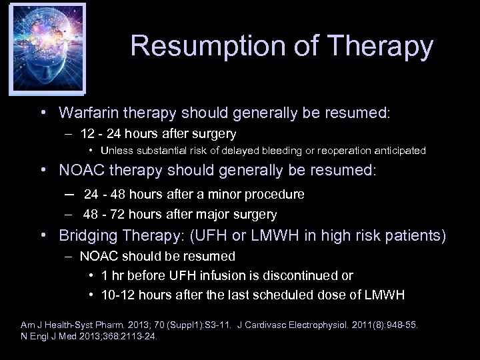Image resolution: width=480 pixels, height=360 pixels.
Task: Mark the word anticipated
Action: point(402,151)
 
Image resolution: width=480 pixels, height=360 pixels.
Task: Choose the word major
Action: point(212,214)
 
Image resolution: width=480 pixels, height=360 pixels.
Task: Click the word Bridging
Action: point(87,235)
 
